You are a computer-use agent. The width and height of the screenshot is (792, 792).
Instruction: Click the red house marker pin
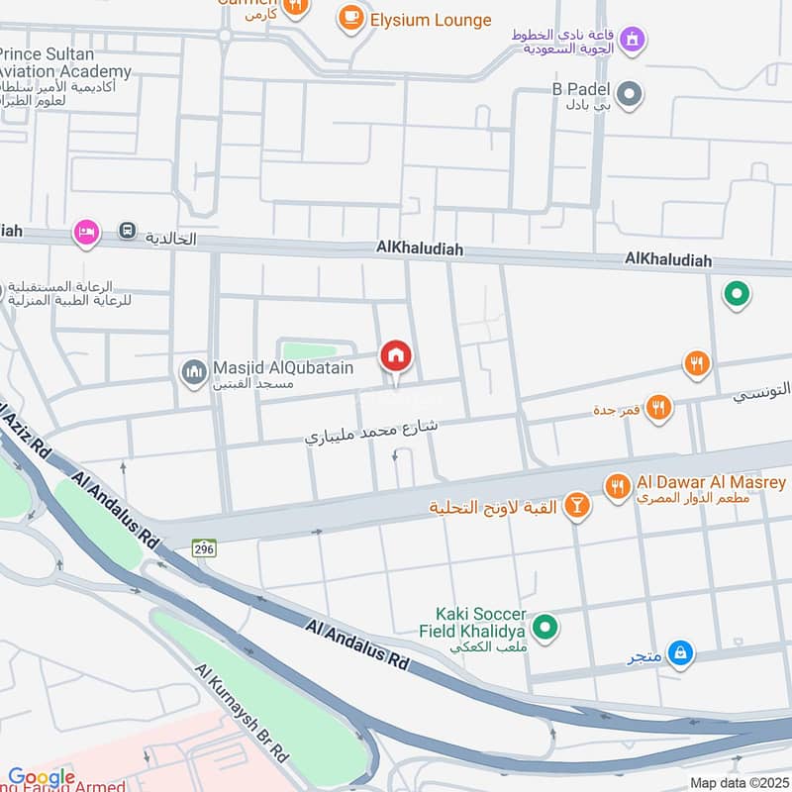tap(396, 356)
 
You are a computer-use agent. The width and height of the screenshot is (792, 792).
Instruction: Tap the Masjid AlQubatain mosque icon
tap(193, 372)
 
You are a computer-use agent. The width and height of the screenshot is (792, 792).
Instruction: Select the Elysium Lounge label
tap(431, 20)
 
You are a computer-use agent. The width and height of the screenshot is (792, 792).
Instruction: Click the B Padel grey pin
tap(629, 96)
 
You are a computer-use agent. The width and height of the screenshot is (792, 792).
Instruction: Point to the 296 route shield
tap(205, 547)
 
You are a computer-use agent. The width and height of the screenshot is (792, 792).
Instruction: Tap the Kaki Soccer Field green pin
tap(544, 627)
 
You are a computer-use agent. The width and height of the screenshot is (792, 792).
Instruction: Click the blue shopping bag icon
tap(680, 652)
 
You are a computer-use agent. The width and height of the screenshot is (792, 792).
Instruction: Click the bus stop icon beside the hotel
tap(128, 232)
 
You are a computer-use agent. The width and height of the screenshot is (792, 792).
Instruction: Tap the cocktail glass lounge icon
tap(576, 507)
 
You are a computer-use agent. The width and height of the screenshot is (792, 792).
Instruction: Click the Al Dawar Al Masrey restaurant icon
tap(619, 486)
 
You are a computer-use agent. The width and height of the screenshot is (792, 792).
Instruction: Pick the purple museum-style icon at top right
tap(633, 41)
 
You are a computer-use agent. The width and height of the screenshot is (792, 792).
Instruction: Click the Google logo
tap(42, 777)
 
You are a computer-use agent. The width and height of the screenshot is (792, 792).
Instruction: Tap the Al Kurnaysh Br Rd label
tap(242, 713)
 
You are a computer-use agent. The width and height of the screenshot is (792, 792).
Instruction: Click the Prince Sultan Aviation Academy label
tap(65, 62)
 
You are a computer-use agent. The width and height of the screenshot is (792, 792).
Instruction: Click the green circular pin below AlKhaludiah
tap(735, 294)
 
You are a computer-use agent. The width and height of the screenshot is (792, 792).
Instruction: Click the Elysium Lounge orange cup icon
tap(349, 18)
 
